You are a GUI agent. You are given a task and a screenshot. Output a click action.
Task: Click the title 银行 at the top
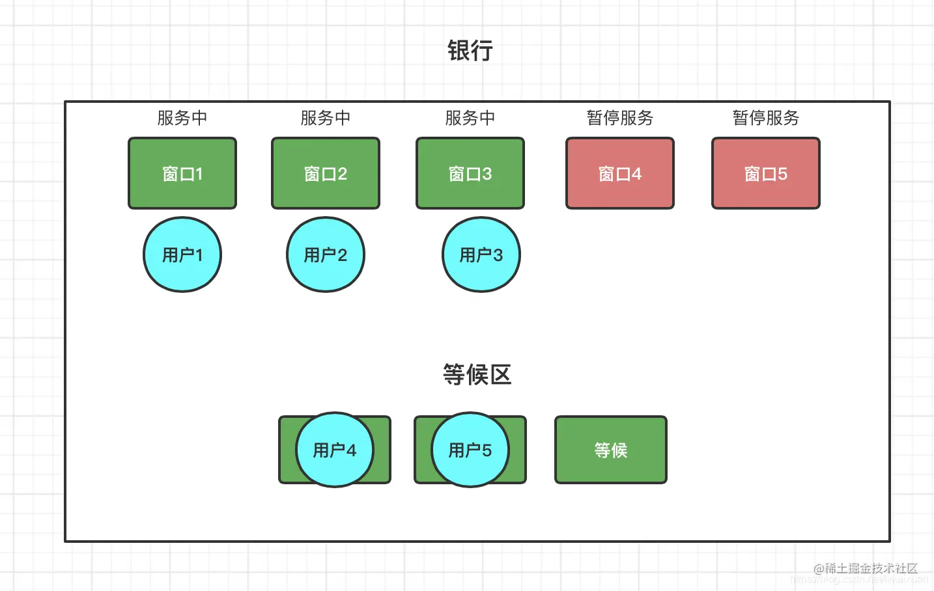click(x=470, y=51)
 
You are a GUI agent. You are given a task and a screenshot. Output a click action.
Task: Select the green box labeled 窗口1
click(x=182, y=173)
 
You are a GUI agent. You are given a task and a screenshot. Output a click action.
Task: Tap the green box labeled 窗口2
click(x=326, y=173)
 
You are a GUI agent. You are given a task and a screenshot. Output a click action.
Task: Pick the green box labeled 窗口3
click(x=470, y=173)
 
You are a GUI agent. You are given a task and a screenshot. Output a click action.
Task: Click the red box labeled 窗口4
click(x=620, y=173)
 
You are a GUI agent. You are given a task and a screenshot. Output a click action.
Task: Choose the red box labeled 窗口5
click(x=766, y=173)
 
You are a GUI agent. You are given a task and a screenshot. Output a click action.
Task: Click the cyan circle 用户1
click(x=182, y=254)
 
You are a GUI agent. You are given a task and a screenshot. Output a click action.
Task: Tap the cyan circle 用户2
click(x=326, y=254)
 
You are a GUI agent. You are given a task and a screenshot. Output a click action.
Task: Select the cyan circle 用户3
click(x=481, y=254)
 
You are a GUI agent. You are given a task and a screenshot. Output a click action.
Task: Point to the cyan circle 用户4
click(x=335, y=450)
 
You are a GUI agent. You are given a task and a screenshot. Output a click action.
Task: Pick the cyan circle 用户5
click(x=470, y=450)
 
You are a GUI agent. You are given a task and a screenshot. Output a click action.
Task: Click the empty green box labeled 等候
click(x=611, y=450)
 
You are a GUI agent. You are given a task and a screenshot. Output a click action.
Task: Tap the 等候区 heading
click(x=477, y=375)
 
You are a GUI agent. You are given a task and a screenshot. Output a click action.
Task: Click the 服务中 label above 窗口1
click(x=182, y=118)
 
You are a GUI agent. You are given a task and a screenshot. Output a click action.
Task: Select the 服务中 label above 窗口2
click(x=326, y=118)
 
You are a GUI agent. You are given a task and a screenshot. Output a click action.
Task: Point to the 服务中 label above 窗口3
click(x=470, y=118)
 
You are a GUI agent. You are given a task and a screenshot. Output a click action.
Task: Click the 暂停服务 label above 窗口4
click(x=620, y=118)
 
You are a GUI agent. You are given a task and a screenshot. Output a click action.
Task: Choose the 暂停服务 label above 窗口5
click(x=766, y=118)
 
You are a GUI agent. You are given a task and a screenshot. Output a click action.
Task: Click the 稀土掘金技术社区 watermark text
click(x=871, y=568)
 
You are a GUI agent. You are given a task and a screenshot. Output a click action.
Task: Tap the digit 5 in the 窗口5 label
click(x=782, y=174)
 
